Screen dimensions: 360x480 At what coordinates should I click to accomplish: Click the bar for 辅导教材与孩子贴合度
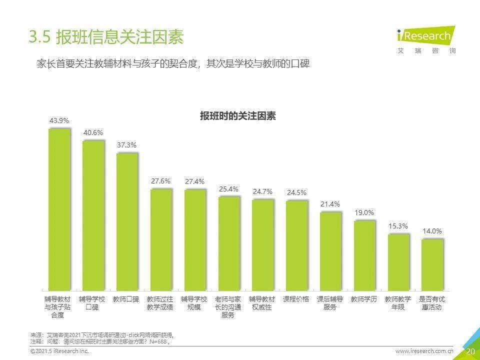click(x=59, y=210)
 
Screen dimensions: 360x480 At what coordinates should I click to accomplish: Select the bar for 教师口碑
click(x=127, y=222)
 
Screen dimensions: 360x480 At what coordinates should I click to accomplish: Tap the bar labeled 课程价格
click(x=297, y=245)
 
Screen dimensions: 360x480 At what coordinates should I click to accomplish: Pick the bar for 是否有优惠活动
click(x=432, y=265)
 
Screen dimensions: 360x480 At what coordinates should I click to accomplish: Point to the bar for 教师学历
click(x=364, y=255)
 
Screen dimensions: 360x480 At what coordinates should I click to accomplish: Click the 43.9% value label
click(x=59, y=120)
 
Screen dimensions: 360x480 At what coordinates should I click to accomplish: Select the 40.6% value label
click(x=93, y=132)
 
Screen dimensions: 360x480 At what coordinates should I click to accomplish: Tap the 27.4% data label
click(x=194, y=181)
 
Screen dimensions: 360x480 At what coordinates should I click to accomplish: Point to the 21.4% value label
click(x=330, y=204)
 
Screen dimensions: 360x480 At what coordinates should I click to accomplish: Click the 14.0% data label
click(x=432, y=231)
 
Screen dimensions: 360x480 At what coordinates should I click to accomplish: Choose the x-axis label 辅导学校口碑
click(x=92, y=303)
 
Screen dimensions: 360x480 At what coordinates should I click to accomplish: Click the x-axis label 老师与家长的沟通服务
click(x=228, y=307)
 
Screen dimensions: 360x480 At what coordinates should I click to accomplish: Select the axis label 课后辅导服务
click(x=330, y=303)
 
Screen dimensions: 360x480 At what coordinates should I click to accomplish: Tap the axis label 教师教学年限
click(x=398, y=303)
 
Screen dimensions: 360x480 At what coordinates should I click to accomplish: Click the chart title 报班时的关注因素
click(x=238, y=116)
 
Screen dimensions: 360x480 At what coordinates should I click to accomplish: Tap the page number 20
click(x=470, y=351)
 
